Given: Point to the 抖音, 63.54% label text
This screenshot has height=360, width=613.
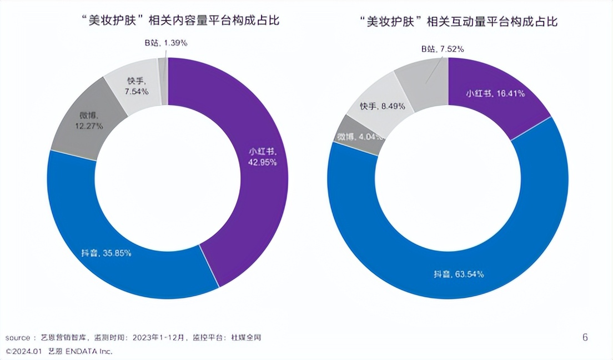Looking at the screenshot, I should (458, 274).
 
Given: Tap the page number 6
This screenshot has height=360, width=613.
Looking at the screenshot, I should (585, 337).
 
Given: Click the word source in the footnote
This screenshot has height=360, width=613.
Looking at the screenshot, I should (18, 338).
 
